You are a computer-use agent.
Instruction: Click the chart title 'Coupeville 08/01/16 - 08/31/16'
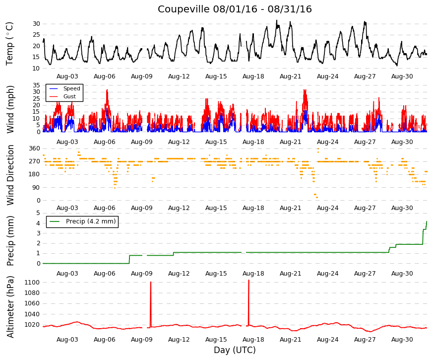[x=235, y=9]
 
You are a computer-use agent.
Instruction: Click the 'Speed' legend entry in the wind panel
[x=71, y=88]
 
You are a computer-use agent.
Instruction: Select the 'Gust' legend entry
[x=69, y=96]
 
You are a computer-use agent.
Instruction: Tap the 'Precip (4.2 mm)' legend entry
[x=91, y=221]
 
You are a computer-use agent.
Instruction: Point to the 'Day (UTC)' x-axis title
[x=235, y=350]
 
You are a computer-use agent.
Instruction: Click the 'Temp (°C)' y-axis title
[x=9, y=44]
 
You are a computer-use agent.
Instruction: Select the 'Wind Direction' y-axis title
[x=10, y=175]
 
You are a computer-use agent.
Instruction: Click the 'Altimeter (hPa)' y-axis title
[x=10, y=307]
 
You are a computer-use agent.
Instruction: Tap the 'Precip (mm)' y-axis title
[x=10, y=241]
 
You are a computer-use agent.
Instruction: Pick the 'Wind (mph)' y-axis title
[x=10, y=109]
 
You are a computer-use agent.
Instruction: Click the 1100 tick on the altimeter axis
[x=32, y=283]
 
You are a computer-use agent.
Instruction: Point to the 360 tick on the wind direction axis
[x=35, y=148]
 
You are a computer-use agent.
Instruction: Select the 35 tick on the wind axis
[x=37, y=85]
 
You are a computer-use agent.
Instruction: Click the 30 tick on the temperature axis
[x=37, y=24]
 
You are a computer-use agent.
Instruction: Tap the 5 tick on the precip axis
[x=38, y=213]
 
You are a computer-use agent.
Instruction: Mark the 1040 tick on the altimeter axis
[x=32, y=314]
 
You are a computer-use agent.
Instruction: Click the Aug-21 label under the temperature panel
[x=290, y=76]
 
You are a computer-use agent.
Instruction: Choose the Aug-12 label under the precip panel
[x=179, y=274]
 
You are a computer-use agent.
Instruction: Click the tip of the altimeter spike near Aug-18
[x=249, y=280]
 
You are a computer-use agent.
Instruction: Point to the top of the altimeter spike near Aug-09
[x=151, y=282]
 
